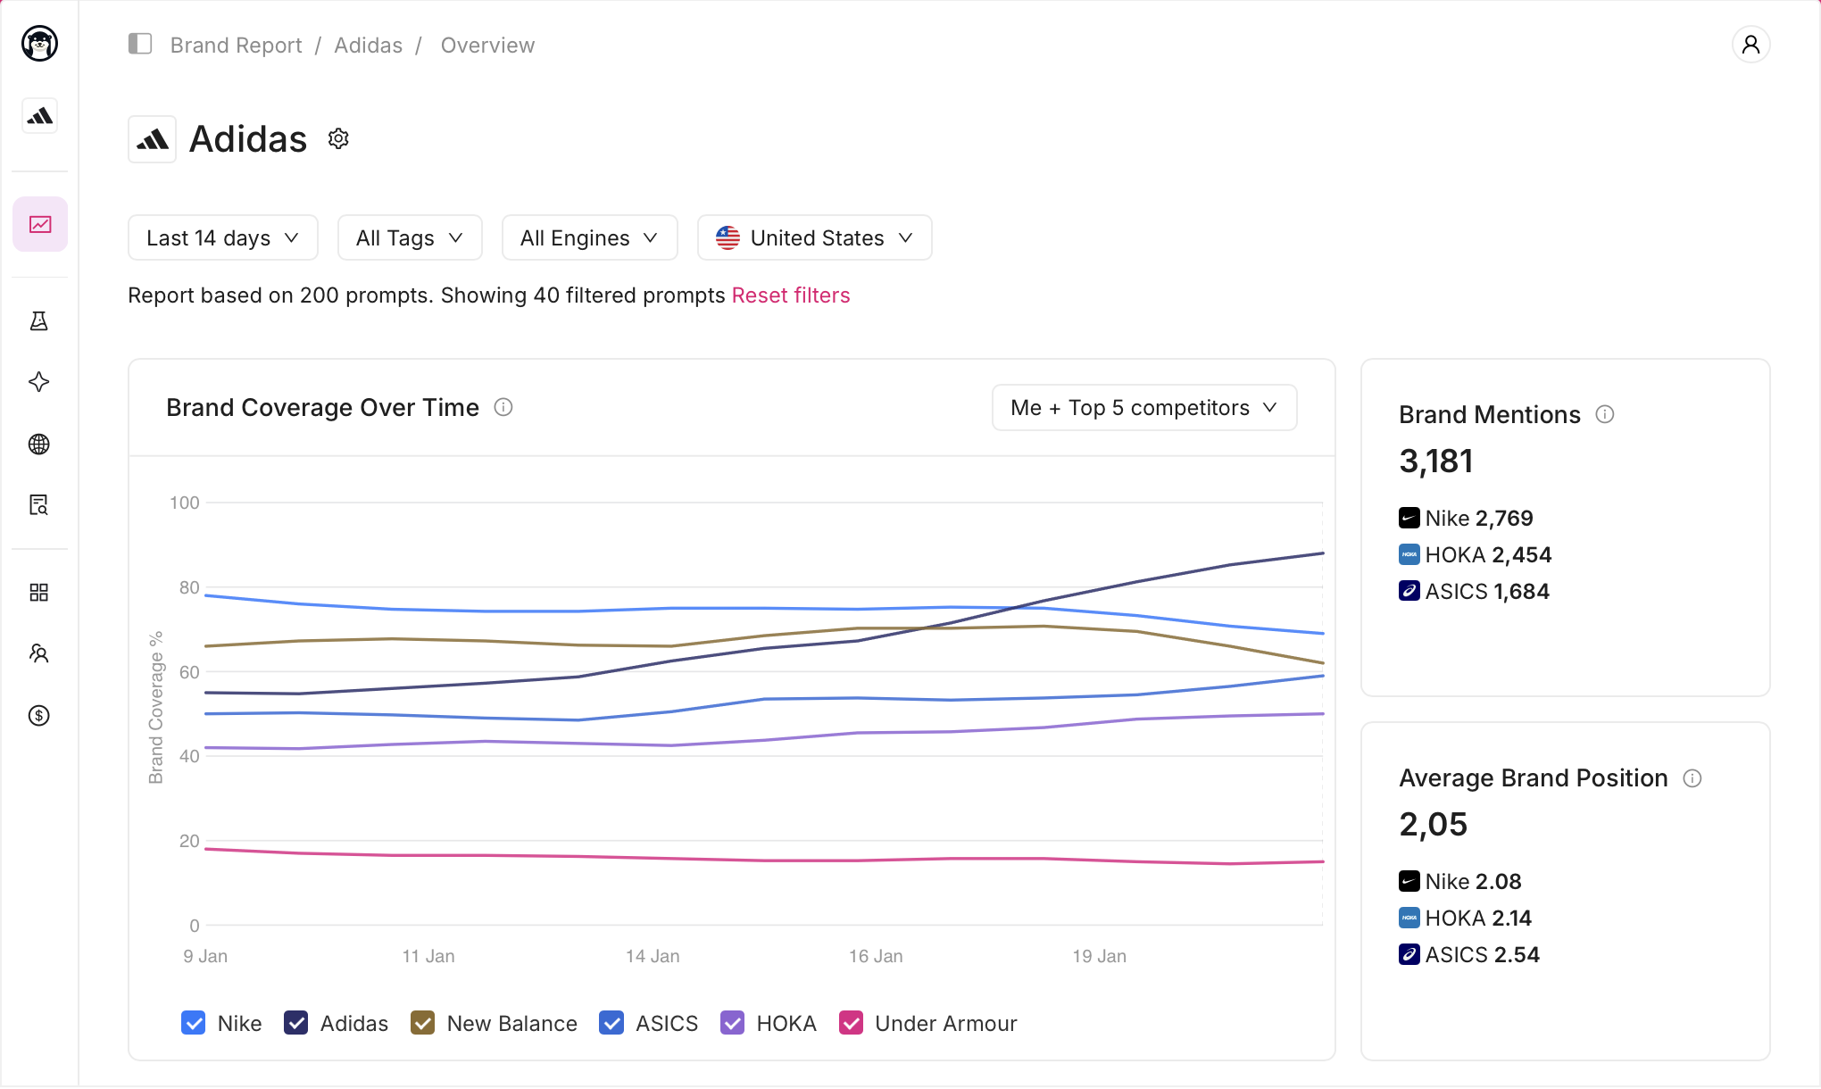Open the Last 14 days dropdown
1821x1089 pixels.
[x=222, y=237]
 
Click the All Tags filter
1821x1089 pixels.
[x=410, y=237]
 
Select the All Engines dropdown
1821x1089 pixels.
[x=589, y=237]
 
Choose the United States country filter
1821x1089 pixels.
[x=814, y=237]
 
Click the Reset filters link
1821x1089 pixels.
[x=791, y=295]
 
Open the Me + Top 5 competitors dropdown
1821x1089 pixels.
[x=1144, y=408]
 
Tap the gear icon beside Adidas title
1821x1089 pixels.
[x=338, y=138]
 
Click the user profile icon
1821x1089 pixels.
[x=1751, y=45]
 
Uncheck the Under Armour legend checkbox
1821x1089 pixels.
[x=852, y=1023]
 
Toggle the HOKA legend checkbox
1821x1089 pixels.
[x=733, y=1023]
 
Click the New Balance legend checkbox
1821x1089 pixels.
[x=422, y=1023]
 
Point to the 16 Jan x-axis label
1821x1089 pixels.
[x=876, y=956]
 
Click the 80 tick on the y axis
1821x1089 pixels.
[x=189, y=587]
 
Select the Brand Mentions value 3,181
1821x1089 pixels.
[x=1436, y=461]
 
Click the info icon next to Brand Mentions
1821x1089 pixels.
[x=1605, y=414]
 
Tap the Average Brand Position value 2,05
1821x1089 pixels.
[x=1434, y=825]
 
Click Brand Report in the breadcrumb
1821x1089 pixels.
[x=236, y=45]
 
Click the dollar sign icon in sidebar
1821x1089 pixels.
[x=39, y=715]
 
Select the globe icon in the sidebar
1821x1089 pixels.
[x=39, y=444]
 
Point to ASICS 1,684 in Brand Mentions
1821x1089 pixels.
[x=1475, y=591]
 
